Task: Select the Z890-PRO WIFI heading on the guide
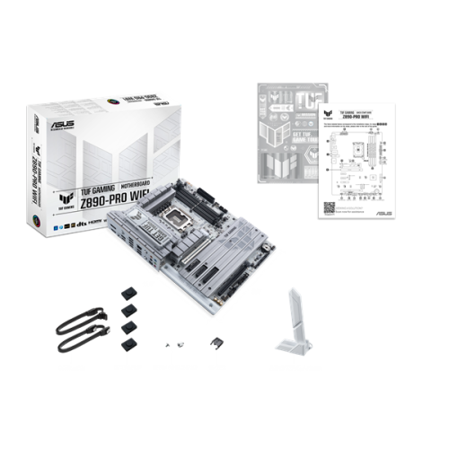point(351,117)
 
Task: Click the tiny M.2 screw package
point(172,345)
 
